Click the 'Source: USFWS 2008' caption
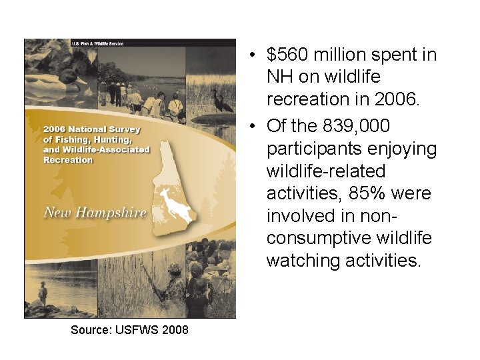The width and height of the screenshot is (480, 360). click(x=129, y=329)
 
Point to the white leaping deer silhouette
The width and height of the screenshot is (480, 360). click(x=175, y=203)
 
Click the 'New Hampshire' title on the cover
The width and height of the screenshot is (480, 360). click(x=95, y=213)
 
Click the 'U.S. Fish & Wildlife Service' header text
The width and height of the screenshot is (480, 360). click(x=97, y=43)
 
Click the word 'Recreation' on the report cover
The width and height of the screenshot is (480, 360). click(x=68, y=160)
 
